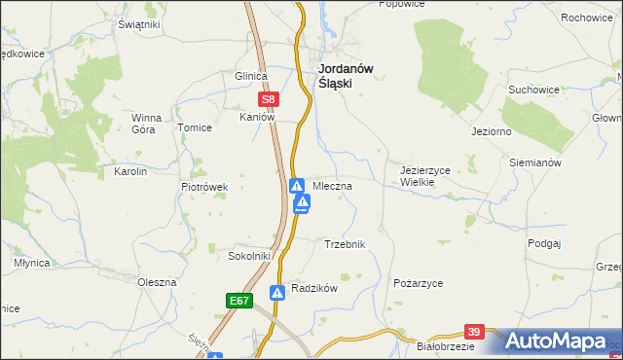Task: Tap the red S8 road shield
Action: tap(270, 98)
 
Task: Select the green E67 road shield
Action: tap(240, 302)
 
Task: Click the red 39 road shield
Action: tap(474, 332)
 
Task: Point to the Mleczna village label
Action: tap(332, 184)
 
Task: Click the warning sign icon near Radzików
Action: tap(277, 291)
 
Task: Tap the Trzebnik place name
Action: tap(344, 244)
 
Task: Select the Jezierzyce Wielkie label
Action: tap(425, 175)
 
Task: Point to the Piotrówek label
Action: tap(204, 186)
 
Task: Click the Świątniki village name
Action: tap(138, 24)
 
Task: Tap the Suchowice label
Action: tap(533, 90)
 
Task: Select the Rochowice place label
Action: tap(585, 18)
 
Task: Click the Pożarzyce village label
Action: tap(419, 282)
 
